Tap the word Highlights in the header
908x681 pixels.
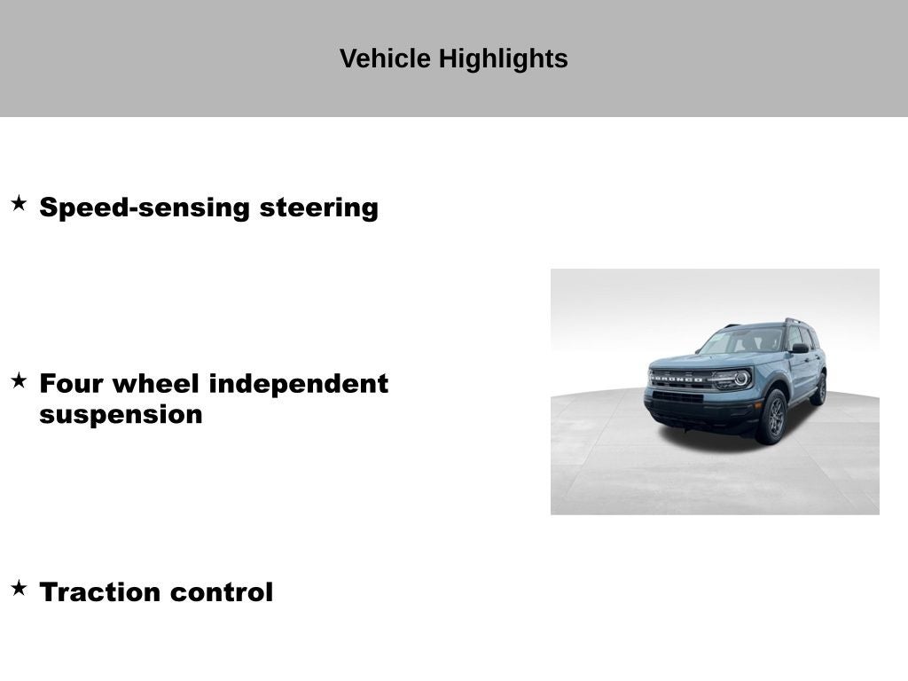click(503, 59)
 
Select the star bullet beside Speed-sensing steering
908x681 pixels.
click(19, 204)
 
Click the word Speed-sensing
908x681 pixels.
click(145, 207)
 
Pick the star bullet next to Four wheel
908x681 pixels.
click(19, 380)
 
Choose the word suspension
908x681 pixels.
click(121, 414)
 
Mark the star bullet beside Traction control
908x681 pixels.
click(19, 588)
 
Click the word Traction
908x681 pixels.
click(100, 591)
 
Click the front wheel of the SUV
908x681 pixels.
click(773, 417)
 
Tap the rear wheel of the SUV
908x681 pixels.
click(819, 389)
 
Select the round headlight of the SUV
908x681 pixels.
click(740, 379)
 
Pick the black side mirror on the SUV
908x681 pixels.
click(800, 348)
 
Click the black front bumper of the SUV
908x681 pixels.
click(701, 413)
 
